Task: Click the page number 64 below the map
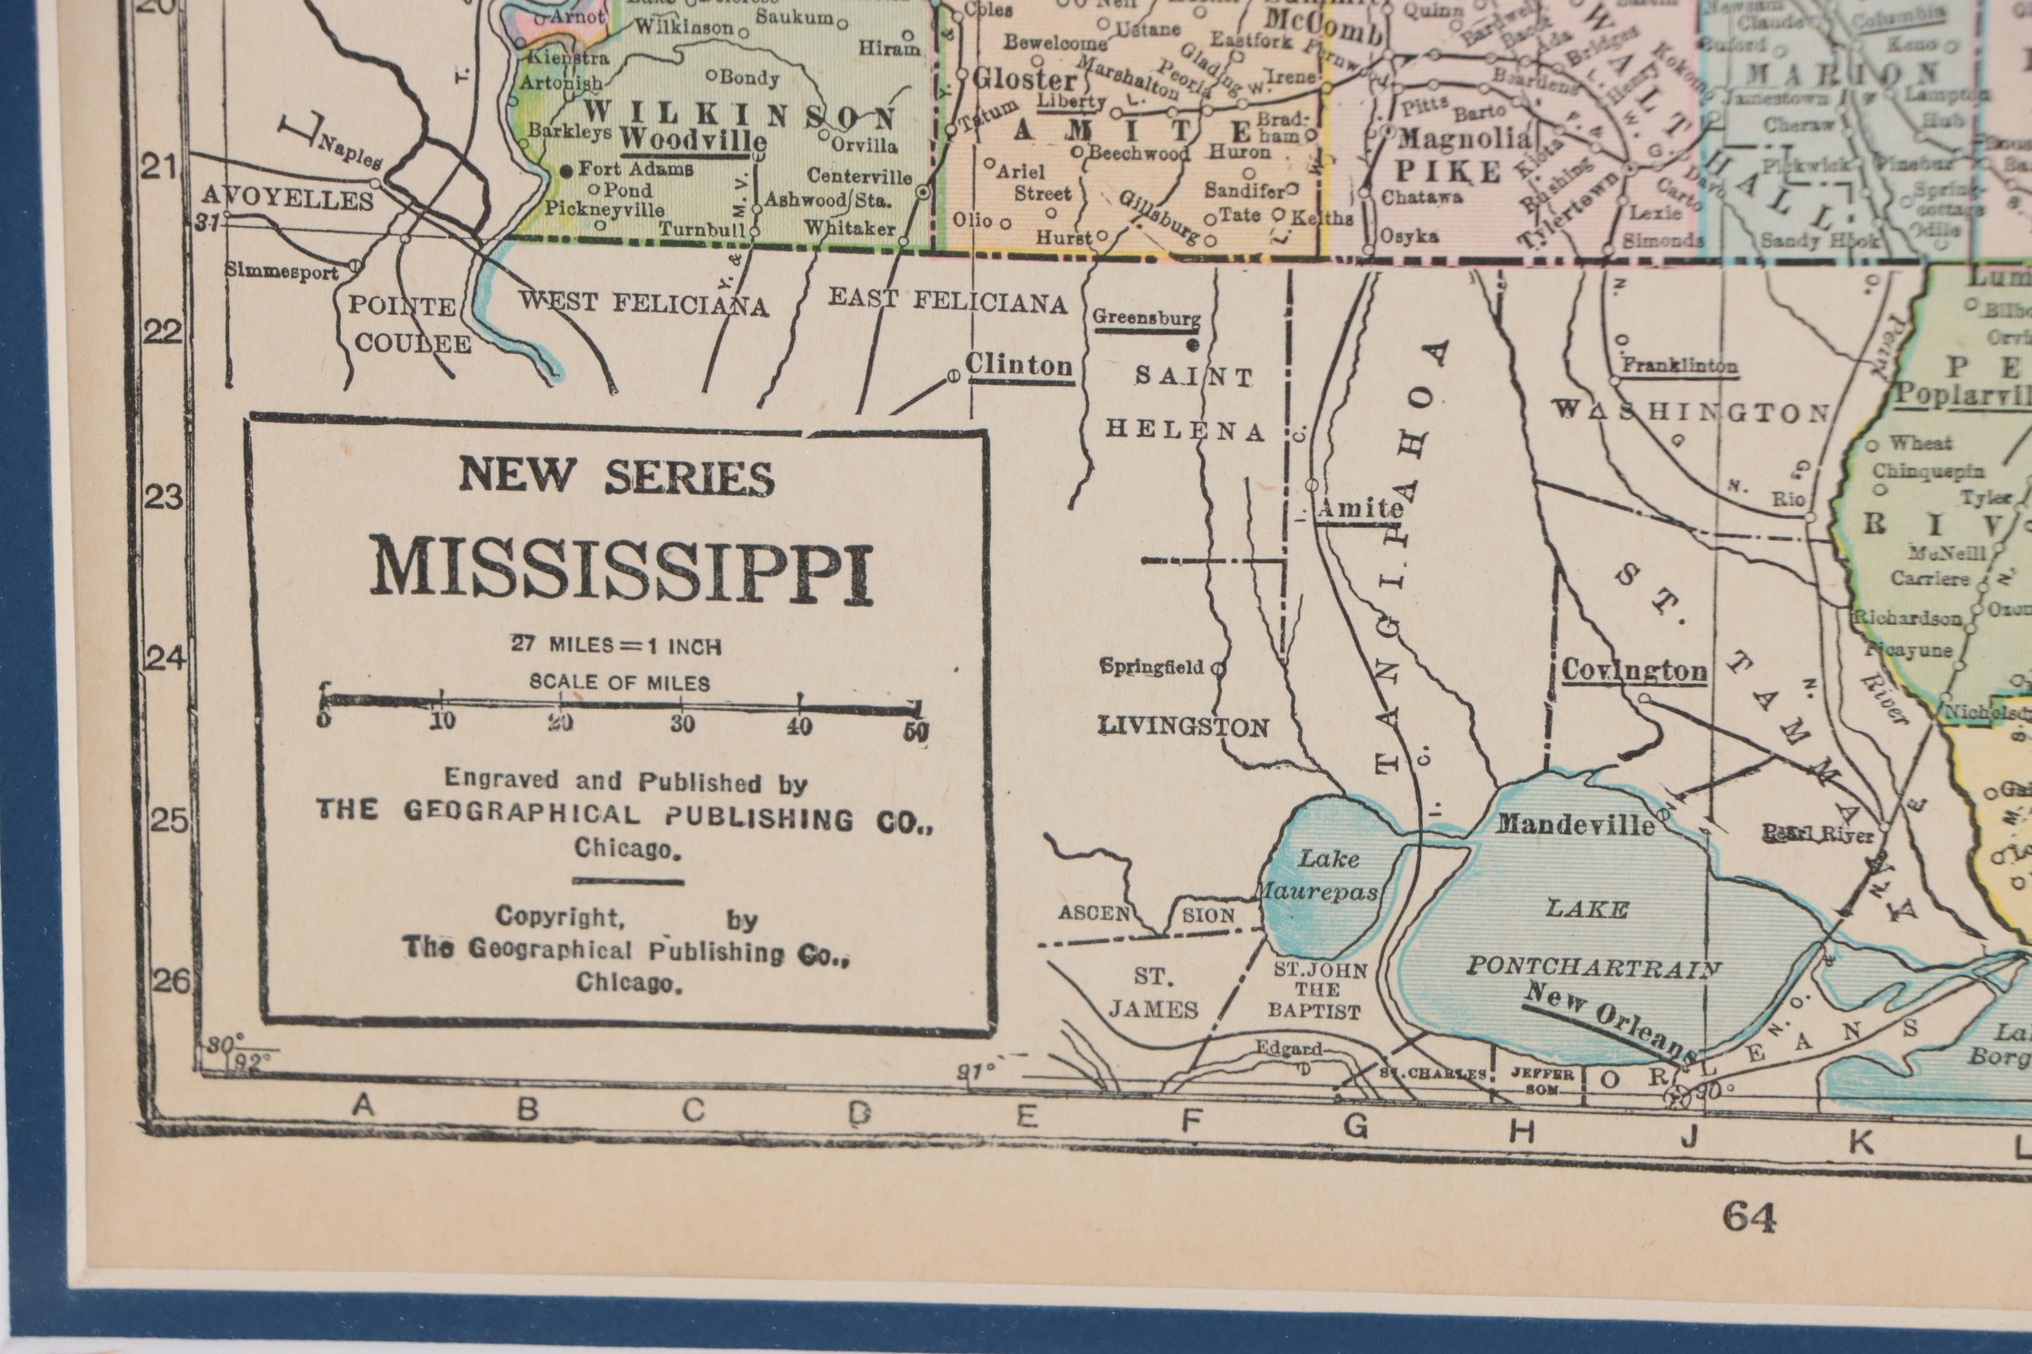(1750, 1218)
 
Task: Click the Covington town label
(1634, 670)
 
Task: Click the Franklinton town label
(1679, 365)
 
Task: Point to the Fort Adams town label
(635, 169)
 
